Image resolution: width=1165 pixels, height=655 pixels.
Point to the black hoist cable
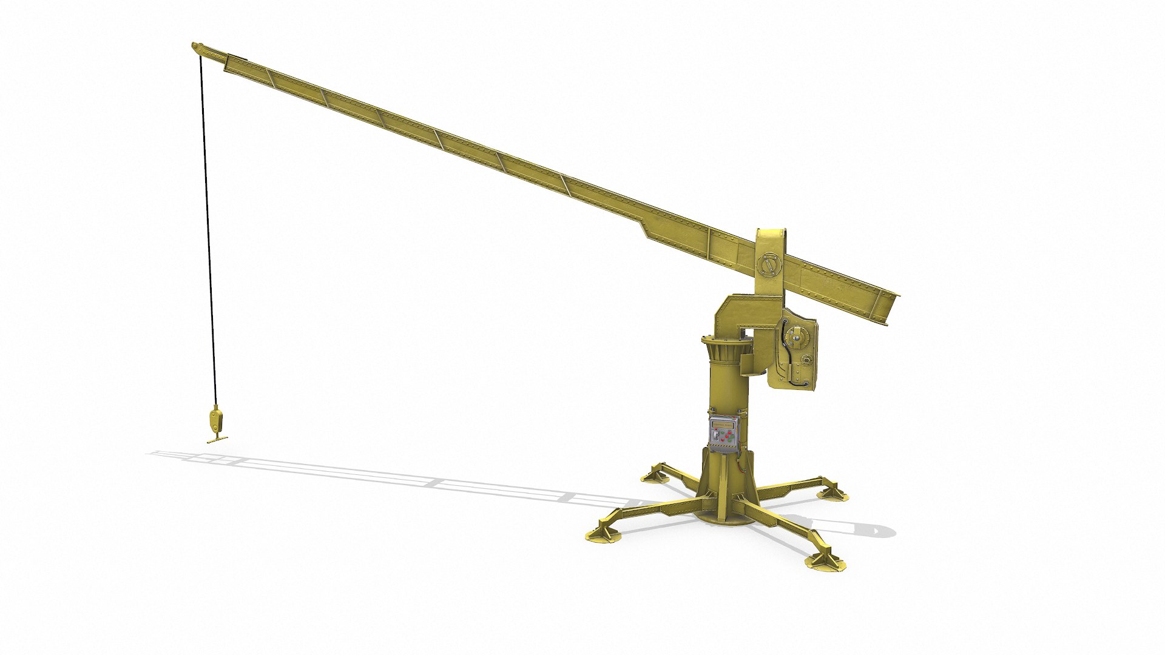[208, 243]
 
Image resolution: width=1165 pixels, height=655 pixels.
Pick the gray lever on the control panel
[715, 435]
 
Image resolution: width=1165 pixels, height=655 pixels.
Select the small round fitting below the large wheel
[806, 360]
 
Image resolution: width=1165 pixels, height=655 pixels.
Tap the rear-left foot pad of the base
[654, 475]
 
